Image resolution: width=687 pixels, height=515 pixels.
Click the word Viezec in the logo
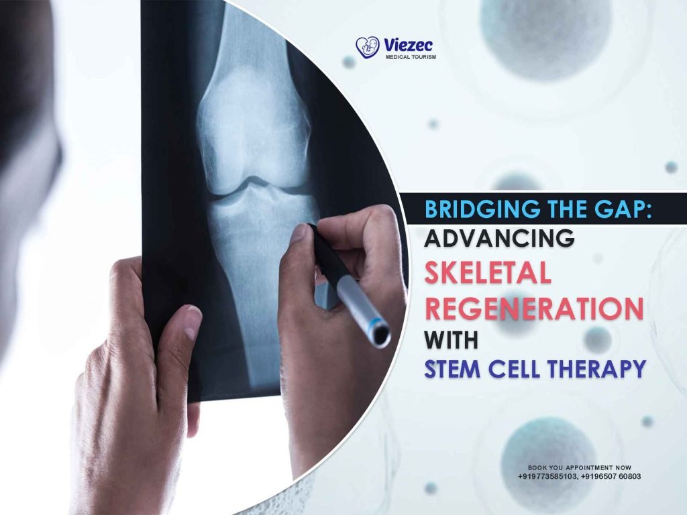(x=409, y=45)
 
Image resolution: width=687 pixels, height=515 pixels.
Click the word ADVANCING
(x=499, y=239)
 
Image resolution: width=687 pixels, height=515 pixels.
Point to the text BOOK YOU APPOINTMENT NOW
(x=579, y=467)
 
